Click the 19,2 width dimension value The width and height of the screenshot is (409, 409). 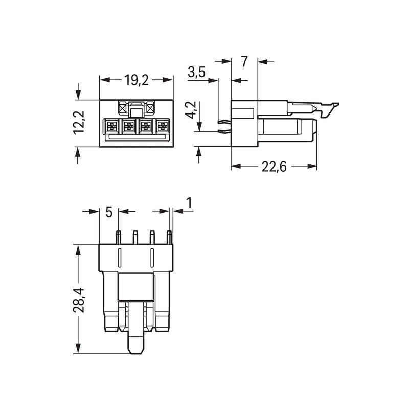(136, 80)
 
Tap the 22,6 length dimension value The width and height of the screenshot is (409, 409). (274, 167)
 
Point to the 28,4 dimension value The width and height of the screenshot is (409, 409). (79, 300)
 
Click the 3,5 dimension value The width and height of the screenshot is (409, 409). (197, 72)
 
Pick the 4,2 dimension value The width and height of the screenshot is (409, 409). (192, 110)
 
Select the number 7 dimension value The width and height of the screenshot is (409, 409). (244, 61)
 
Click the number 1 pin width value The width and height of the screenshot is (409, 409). (189, 203)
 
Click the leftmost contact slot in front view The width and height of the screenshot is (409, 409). (111, 126)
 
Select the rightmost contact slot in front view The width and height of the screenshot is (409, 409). (163, 126)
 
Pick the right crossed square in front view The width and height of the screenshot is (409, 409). (150, 108)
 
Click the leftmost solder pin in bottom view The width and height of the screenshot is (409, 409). (118, 237)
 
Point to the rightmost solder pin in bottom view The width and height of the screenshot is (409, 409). (169, 237)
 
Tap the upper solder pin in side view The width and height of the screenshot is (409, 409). (224, 121)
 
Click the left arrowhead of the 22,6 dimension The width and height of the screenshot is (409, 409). (236, 166)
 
